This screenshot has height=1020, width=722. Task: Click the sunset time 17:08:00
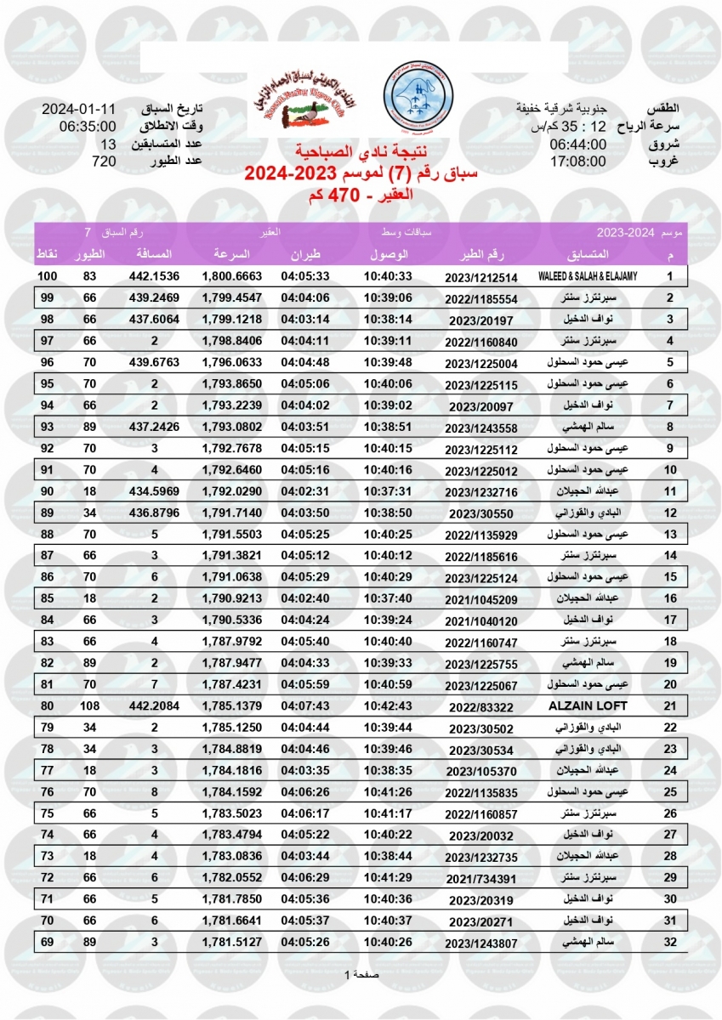coord(577,161)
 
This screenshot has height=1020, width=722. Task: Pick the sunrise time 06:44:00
coord(577,144)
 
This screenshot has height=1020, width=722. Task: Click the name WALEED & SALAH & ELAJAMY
coord(588,277)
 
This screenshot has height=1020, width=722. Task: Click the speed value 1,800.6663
coord(231,277)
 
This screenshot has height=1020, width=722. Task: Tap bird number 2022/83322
coord(481,706)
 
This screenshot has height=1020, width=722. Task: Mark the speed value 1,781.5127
coord(231,941)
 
